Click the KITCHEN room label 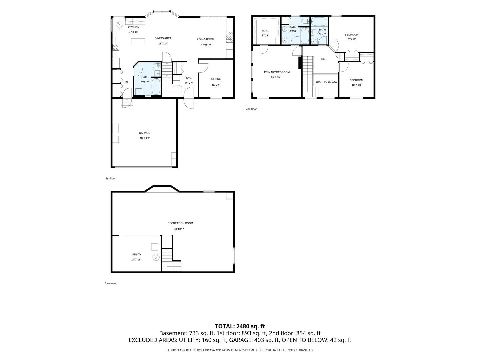[x=133, y=27]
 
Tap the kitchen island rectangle [x=138, y=42]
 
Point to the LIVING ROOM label [x=205, y=39]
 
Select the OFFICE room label [x=216, y=79]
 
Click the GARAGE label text [x=144, y=133]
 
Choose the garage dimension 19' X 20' [x=145, y=138]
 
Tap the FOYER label [x=189, y=78]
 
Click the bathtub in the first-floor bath [x=156, y=87]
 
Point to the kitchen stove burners [x=116, y=47]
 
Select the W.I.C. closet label [x=265, y=31]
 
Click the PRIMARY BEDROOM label [x=277, y=72]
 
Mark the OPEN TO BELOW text [x=326, y=82]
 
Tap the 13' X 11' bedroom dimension [x=351, y=39]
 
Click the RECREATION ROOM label [x=180, y=223]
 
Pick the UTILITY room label [x=136, y=254]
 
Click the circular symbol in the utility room [x=156, y=257]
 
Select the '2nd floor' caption [x=251, y=109]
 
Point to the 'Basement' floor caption [x=111, y=283]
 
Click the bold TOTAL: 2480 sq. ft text [x=240, y=326]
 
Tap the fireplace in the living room [x=229, y=37]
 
